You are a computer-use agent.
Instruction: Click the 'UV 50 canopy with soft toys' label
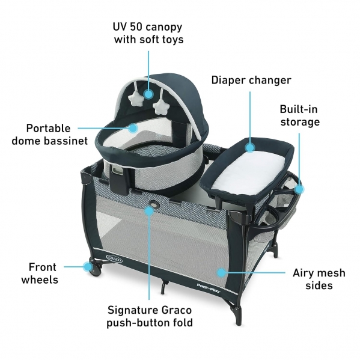(x=148, y=33)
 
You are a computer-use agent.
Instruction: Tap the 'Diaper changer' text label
(x=251, y=80)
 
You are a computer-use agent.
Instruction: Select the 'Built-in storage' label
(x=300, y=115)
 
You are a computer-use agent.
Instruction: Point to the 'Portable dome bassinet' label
(x=50, y=135)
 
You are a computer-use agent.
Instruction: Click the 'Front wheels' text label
(x=40, y=273)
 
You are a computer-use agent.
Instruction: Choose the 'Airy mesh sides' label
(x=319, y=279)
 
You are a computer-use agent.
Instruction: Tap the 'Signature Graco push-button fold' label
(x=150, y=316)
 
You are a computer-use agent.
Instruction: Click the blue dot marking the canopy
(x=148, y=94)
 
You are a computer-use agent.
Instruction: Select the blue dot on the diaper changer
(x=250, y=147)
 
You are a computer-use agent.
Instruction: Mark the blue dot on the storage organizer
(x=299, y=189)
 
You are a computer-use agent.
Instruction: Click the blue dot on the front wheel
(x=88, y=267)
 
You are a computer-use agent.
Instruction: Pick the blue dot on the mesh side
(x=221, y=273)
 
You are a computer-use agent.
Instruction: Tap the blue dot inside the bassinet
(x=133, y=128)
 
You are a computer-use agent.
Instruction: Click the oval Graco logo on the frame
(x=114, y=258)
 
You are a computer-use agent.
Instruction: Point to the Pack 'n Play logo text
(x=209, y=287)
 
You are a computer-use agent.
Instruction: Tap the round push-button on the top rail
(x=153, y=204)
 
